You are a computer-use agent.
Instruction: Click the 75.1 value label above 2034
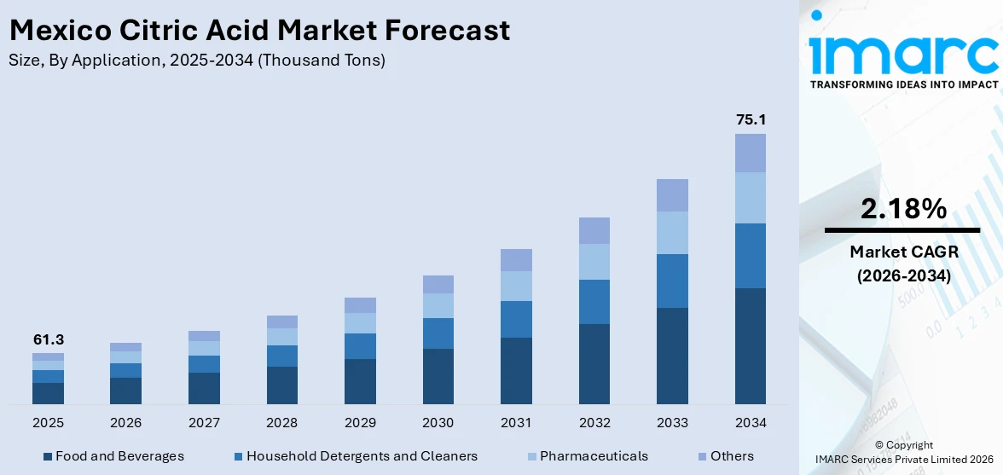[751, 120]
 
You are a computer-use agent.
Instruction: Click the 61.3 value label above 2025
[49, 339]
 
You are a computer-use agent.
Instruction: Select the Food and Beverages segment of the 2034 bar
[751, 345]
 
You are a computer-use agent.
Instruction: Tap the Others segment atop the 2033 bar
[672, 195]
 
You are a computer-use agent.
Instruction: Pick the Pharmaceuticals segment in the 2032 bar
[594, 262]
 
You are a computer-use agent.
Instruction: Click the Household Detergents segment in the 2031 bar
[516, 319]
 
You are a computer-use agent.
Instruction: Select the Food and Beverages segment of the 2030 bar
[438, 376]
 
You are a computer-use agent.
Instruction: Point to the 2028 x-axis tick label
[282, 423]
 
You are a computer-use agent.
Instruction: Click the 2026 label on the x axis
[126, 423]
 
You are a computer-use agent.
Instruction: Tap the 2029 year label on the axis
[360, 423]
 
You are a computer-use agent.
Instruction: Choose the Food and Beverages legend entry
[113, 456]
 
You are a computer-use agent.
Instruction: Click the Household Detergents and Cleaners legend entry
[355, 456]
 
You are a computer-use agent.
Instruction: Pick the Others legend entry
[724, 456]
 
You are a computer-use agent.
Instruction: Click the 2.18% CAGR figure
[902, 208]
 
